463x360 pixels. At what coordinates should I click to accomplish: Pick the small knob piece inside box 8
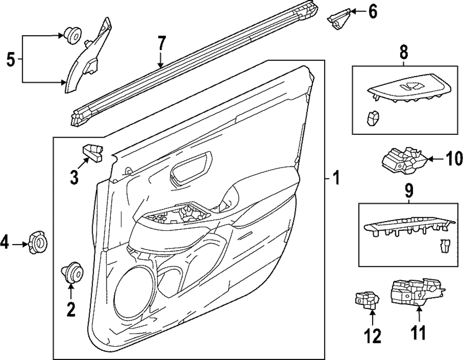pyautogui.click(x=372, y=118)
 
